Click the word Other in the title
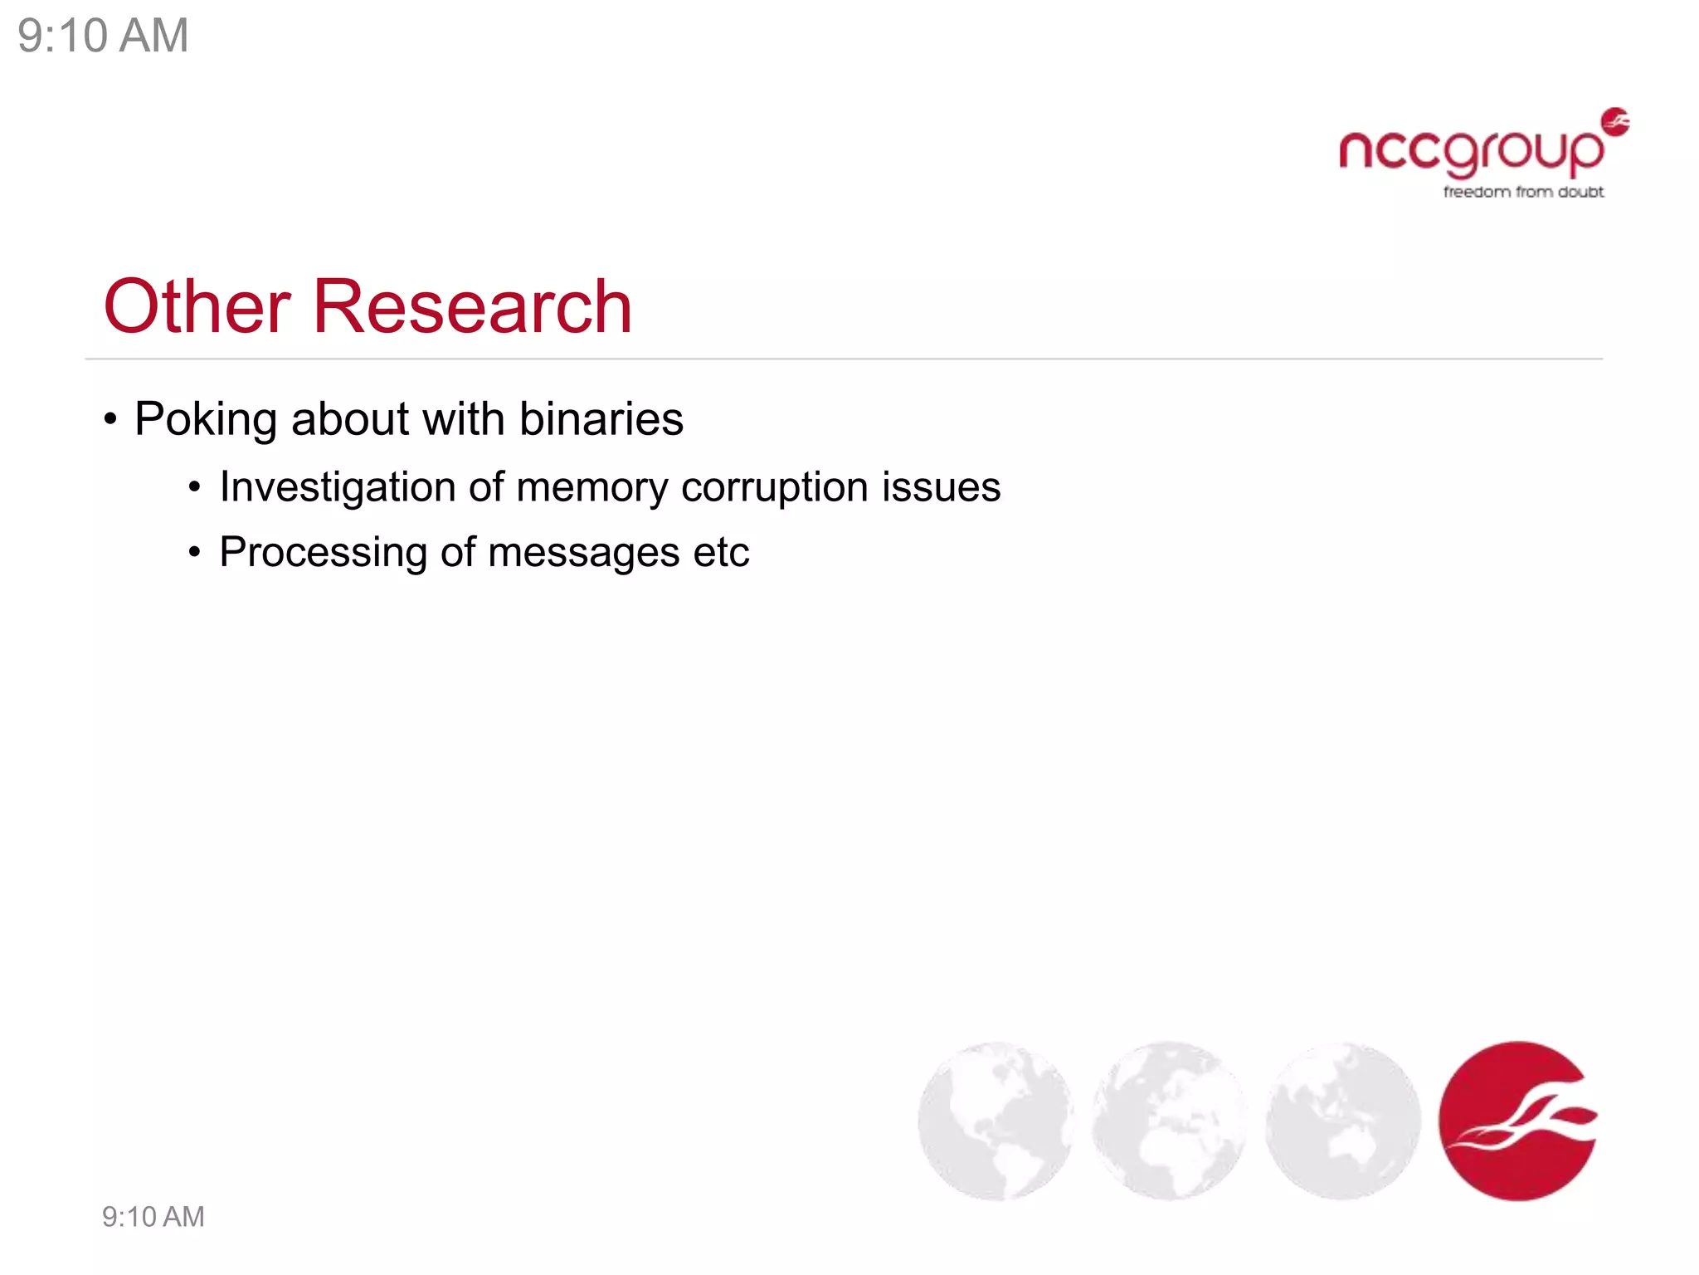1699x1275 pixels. [x=197, y=307]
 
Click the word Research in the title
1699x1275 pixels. [x=472, y=307]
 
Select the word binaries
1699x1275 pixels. [x=601, y=419]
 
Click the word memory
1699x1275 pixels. [x=591, y=487]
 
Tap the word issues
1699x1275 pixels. [x=941, y=487]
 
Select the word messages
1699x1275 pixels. [x=584, y=553]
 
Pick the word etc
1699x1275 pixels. [x=721, y=553]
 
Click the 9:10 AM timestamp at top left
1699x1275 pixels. [x=103, y=36]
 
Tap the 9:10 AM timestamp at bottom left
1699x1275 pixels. [x=153, y=1217]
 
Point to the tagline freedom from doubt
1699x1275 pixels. [x=1523, y=192]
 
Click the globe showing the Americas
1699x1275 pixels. [x=996, y=1121]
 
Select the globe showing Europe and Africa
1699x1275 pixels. [x=1169, y=1121]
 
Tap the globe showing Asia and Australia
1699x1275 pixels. [x=1342, y=1121]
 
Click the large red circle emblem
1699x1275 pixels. [x=1517, y=1121]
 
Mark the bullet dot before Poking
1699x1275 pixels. [x=110, y=419]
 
